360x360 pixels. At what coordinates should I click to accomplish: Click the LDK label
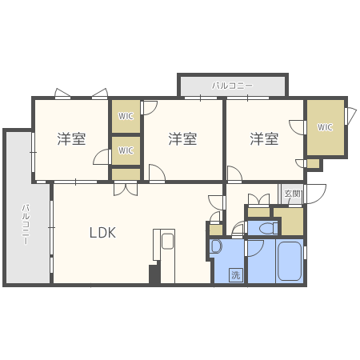[x=102, y=233]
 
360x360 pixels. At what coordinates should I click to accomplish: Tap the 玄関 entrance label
[x=292, y=194]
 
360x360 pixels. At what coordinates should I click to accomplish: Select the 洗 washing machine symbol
[x=235, y=274]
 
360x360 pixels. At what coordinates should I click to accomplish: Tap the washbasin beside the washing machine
[x=215, y=247]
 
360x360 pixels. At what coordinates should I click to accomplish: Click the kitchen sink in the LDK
[x=167, y=241]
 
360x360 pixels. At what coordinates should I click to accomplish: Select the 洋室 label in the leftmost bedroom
[x=71, y=138]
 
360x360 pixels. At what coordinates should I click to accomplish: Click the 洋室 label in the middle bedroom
[x=182, y=138]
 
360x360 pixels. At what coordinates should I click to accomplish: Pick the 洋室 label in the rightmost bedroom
[x=263, y=138]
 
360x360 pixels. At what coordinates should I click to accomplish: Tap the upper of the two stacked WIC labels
[x=126, y=116]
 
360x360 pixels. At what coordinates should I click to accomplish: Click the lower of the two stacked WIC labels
[x=126, y=150]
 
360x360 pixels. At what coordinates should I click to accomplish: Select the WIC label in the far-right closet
[x=325, y=127]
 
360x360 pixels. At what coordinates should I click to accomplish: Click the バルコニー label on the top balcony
[x=232, y=84]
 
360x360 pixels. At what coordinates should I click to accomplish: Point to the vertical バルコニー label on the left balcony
[x=25, y=223]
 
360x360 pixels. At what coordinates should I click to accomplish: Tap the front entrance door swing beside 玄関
[x=315, y=192]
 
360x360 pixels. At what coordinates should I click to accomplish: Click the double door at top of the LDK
[x=125, y=190]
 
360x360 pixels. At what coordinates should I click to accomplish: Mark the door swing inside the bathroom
[x=254, y=247]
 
